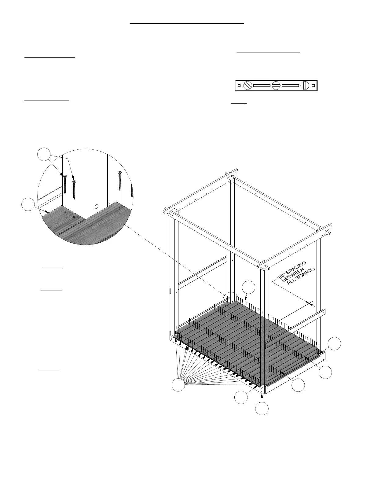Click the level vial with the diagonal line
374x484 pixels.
point(247,86)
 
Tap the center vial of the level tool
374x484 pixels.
point(276,86)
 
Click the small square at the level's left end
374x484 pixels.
point(239,86)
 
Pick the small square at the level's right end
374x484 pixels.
point(313,86)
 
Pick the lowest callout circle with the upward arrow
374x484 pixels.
point(262,409)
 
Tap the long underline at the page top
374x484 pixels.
point(187,23)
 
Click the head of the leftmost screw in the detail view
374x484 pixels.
point(65,176)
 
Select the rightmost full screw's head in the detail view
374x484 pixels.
point(119,173)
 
